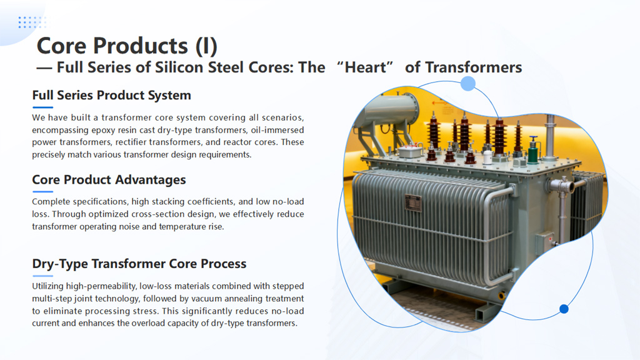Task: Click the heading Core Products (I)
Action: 127,45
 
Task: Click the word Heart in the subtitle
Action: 365,67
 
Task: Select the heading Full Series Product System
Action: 111,95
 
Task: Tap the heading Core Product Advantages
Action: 109,179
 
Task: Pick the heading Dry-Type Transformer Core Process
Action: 139,264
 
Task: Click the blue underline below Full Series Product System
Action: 43,107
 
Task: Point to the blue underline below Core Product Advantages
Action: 43,191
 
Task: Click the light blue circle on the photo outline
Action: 468,84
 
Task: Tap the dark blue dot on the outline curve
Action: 564,309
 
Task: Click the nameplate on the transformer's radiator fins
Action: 413,203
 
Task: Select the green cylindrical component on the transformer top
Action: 533,151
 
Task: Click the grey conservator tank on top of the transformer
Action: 390,110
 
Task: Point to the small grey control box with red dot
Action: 544,242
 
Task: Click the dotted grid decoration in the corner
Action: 32,22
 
